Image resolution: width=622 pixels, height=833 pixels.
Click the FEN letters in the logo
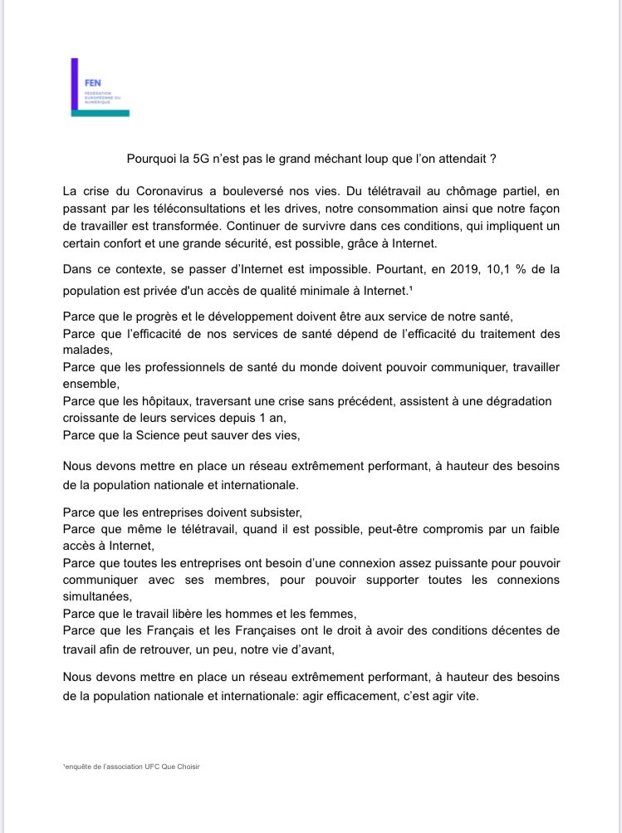[91, 84]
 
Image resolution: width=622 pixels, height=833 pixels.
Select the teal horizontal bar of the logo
[100, 112]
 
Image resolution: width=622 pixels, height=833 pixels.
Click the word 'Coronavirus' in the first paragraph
[154, 191]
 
